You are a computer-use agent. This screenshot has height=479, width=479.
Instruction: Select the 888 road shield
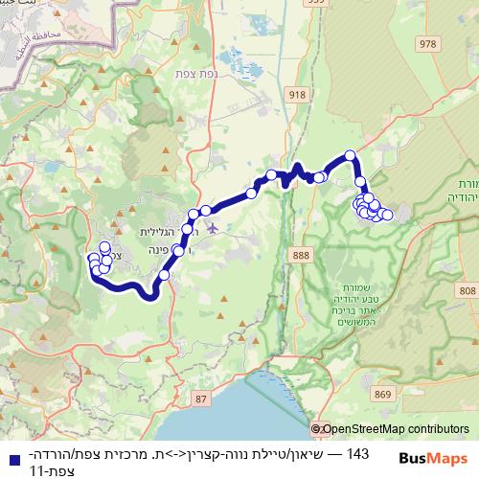coord(303,255)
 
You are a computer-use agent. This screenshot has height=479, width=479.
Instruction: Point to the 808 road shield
coord(467,290)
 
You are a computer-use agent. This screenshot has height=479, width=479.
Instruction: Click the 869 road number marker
coord(384,394)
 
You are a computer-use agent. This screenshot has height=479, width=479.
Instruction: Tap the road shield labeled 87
coord(199,398)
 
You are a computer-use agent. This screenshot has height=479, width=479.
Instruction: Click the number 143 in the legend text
coord(356,452)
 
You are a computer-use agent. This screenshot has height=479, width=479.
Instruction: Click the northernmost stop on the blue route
coord(351,155)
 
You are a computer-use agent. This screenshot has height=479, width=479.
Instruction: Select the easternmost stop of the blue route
coord(388,215)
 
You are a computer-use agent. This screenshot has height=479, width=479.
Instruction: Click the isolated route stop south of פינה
coord(164,275)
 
